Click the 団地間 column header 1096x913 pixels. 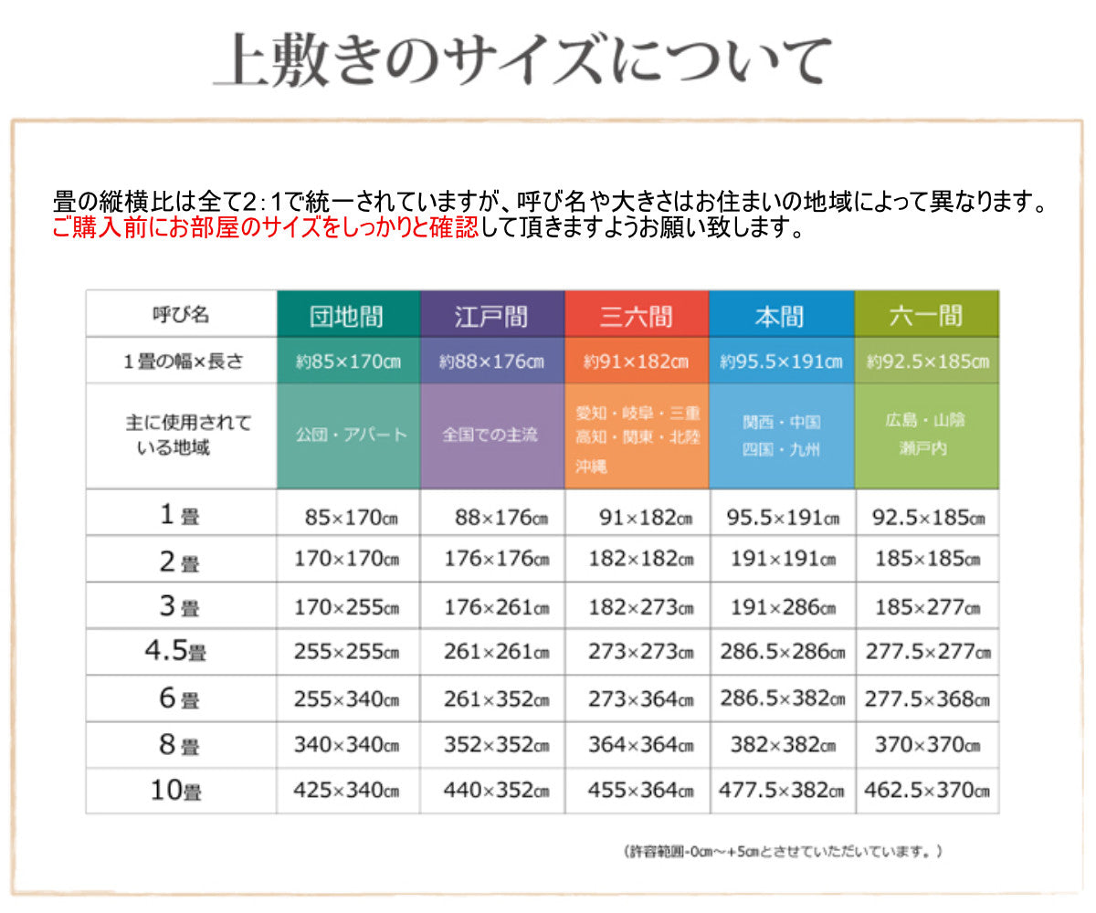pos(348,316)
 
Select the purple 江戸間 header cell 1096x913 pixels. pos(492,316)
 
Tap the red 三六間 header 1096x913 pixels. pos(637,316)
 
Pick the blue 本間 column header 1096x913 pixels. pos(781,316)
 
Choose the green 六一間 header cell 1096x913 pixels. pos(926,316)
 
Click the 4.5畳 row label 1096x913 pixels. pos(175,652)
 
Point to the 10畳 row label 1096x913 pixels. pos(175,791)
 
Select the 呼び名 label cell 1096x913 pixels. pos(181,314)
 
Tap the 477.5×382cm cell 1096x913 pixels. pos(782,791)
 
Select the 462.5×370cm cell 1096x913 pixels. pos(927,791)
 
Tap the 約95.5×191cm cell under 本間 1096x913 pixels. pos(781,362)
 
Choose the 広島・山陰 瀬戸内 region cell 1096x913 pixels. pos(925,435)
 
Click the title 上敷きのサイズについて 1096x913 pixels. pos(523,62)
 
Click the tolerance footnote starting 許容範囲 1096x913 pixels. pos(783,851)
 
